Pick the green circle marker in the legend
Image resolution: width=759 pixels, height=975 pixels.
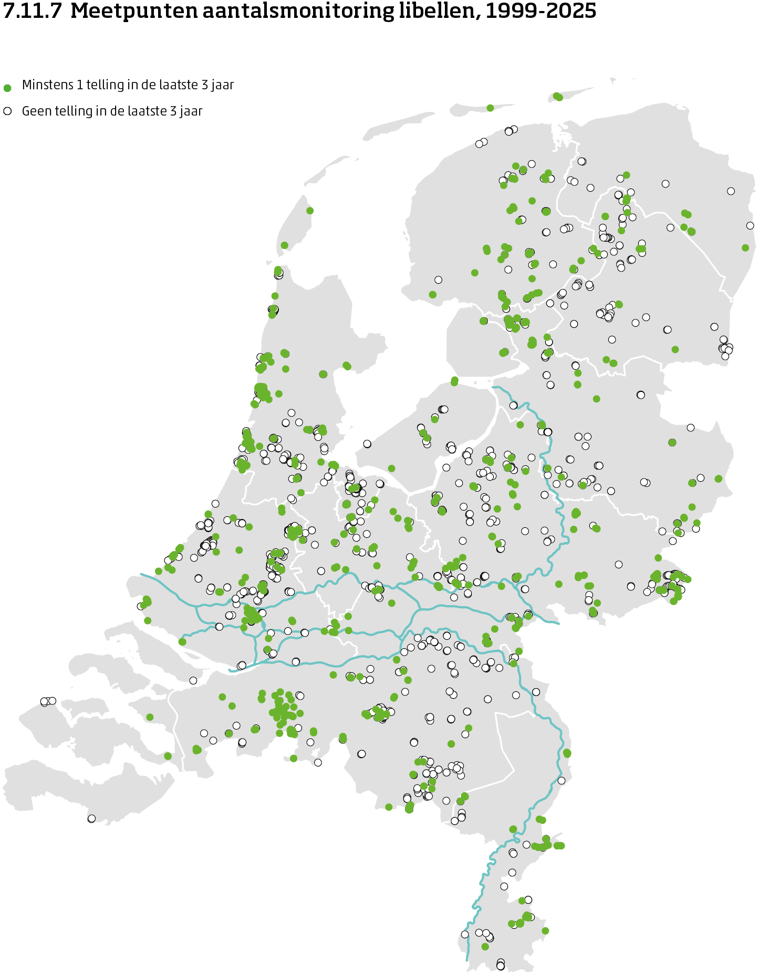(7, 88)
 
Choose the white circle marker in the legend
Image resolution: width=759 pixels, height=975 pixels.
(7, 111)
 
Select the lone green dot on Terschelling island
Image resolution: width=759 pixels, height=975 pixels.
(490, 108)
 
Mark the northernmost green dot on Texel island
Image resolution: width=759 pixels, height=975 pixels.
(310, 211)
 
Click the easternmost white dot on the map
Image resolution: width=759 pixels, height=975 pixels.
(750, 226)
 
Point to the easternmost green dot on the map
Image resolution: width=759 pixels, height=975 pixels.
(745, 247)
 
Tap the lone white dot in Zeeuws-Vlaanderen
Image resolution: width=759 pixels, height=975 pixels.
(91, 818)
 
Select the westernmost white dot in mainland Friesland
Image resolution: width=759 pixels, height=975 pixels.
(438, 280)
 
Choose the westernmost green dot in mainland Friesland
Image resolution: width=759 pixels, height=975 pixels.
(433, 295)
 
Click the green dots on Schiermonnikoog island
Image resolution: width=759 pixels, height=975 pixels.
(558, 97)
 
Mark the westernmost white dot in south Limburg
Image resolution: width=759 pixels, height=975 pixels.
(465, 935)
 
